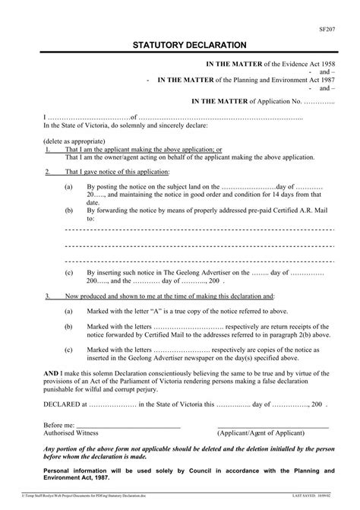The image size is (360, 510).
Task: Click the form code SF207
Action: tap(327, 30)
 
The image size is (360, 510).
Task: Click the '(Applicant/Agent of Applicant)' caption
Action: tap(261, 432)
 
